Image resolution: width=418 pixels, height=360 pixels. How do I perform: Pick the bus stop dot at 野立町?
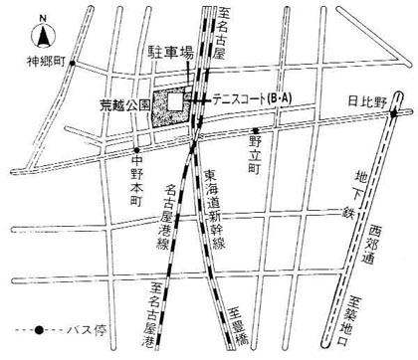[x=255, y=130]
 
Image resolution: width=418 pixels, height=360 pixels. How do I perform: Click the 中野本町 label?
[x=137, y=183]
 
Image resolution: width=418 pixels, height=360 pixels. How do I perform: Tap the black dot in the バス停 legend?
[x=37, y=329]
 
